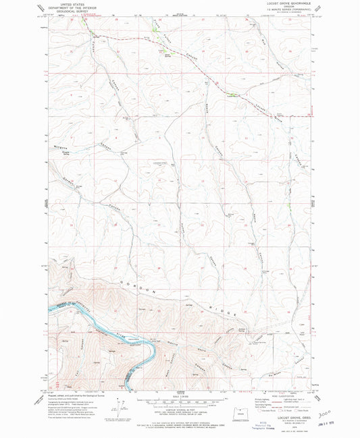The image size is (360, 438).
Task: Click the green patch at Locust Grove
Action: (233, 94)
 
